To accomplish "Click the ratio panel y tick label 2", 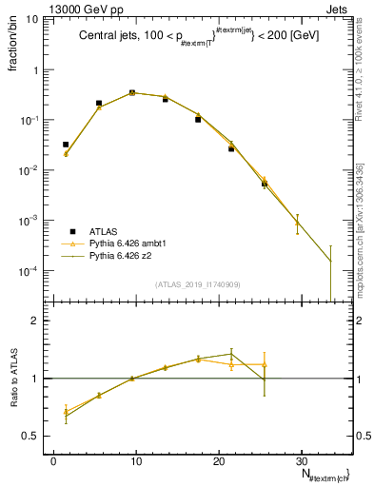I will pos(39,321).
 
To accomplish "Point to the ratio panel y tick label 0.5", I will pos(35,436).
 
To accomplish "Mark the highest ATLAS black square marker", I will pos(132,92).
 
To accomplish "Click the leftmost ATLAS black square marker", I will pos(66,145).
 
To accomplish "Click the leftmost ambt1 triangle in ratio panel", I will pos(66,411).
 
